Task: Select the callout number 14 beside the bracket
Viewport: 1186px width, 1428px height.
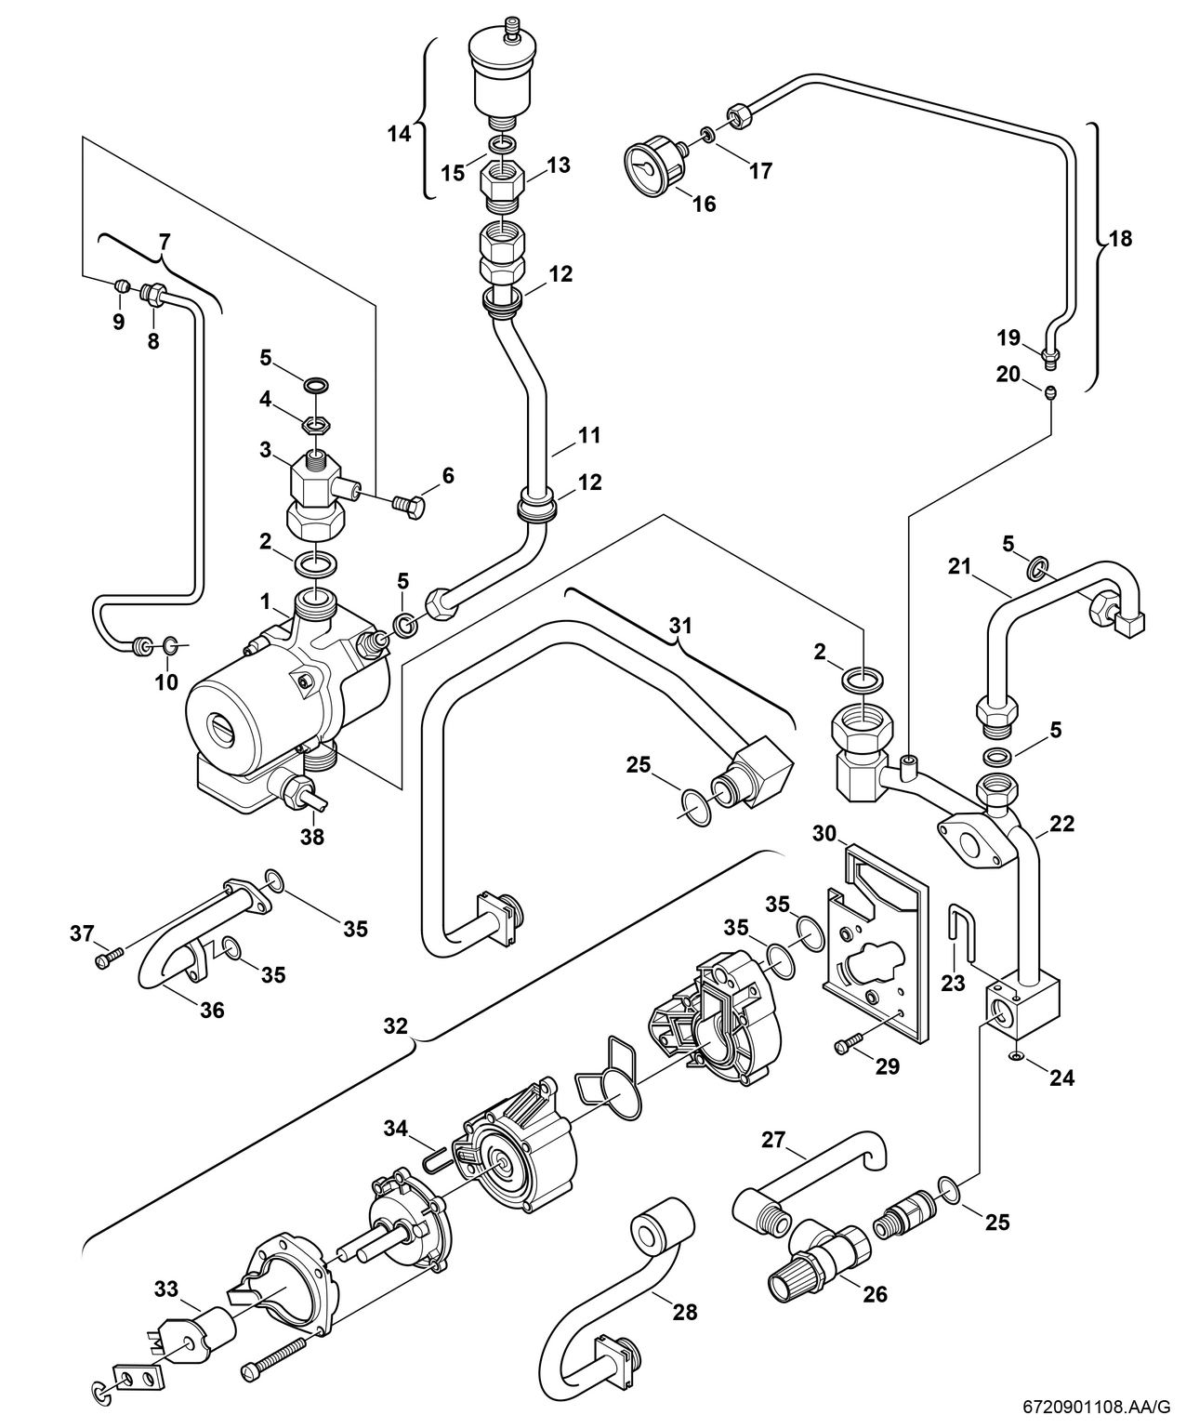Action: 399,134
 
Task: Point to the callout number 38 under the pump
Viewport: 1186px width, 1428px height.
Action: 312,837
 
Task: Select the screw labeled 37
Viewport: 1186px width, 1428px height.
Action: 107,958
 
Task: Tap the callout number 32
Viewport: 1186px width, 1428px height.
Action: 395,1026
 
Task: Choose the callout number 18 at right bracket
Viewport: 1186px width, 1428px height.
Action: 1121,239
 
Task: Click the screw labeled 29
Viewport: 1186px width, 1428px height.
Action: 849,1044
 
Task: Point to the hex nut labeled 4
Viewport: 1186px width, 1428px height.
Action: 319,426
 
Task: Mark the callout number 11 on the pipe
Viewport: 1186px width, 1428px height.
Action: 588,435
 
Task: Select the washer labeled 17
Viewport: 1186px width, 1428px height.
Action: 708,137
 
